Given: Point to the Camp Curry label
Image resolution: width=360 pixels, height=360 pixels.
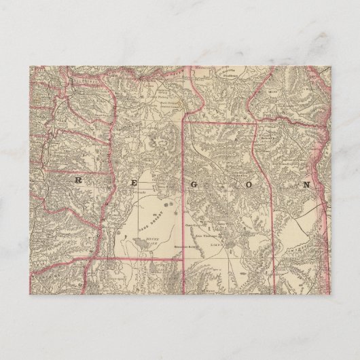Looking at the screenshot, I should [191, 222].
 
